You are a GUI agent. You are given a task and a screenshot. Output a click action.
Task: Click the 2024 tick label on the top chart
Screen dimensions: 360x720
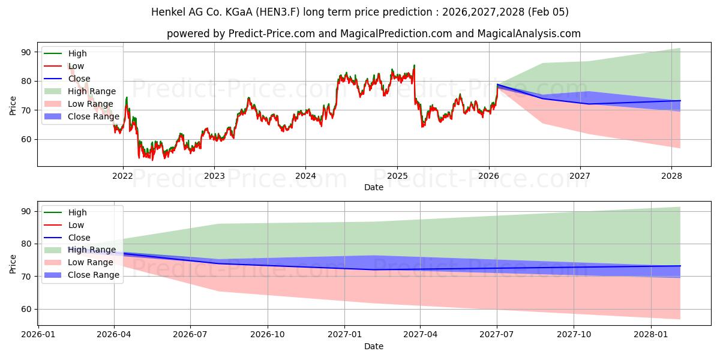[x=305, y=176]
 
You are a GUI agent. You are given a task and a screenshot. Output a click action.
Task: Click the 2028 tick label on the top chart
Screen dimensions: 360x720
[x=671, y=176]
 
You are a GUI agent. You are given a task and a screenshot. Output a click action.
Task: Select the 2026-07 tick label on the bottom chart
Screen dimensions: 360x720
[x=190, y=334]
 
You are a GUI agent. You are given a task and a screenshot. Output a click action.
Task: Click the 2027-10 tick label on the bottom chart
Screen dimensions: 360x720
[x=574, y=334]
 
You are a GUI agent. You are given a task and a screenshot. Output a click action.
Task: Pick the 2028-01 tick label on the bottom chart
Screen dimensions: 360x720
[x=651, y=334]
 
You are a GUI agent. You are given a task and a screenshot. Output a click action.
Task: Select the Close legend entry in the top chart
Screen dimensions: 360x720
[x=79, y=79]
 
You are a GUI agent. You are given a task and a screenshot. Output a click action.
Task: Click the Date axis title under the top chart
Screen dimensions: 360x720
[x=374, y=187]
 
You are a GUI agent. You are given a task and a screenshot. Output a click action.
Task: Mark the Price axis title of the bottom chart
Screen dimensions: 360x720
[x=13, y=263]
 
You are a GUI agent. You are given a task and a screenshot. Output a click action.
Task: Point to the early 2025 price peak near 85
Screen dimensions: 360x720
[x=414, y=65]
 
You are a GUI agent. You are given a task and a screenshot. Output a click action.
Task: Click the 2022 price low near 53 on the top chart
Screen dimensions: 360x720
[x=152, y=160]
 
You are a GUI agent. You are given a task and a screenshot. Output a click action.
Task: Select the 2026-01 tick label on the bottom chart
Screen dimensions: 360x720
[x=38, y=334]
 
